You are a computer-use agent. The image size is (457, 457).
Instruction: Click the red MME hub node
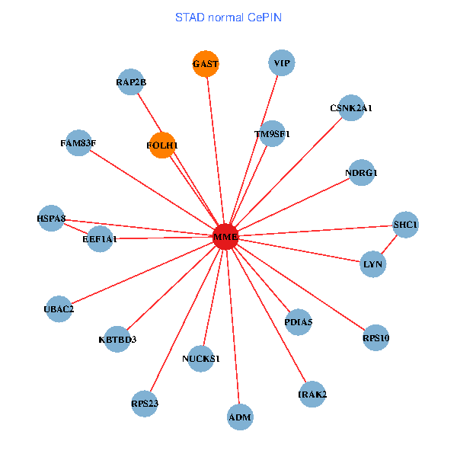[225, 237]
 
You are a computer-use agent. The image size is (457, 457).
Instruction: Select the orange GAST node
[206, 64]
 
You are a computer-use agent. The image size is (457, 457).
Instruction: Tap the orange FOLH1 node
[162, 145]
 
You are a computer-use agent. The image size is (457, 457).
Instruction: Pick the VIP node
[282, 62]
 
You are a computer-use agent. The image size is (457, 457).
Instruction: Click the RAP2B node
[130, 82]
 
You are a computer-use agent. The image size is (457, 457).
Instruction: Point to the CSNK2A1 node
[350, 108]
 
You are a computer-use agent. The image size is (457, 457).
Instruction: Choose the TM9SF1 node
[272, 133]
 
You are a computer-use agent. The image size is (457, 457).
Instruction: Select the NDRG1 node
[361, 173]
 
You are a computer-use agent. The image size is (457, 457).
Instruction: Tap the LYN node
[373, 264]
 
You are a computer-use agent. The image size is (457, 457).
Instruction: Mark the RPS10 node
[376, 337]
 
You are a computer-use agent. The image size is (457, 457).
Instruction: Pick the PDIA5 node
[298, 322]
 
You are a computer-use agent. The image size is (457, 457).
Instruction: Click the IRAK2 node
[312, 394]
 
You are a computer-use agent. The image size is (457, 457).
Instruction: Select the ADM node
[240, 417]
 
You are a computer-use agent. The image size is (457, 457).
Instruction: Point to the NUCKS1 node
[201, 358]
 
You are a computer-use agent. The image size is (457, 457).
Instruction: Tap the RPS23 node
[144, 403]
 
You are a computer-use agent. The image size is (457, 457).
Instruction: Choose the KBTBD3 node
[117, 339]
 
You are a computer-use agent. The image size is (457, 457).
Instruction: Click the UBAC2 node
[59, 308]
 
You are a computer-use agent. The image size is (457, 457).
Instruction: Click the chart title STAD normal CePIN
[228, 17]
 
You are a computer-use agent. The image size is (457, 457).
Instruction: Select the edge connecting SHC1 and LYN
[390, 244]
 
